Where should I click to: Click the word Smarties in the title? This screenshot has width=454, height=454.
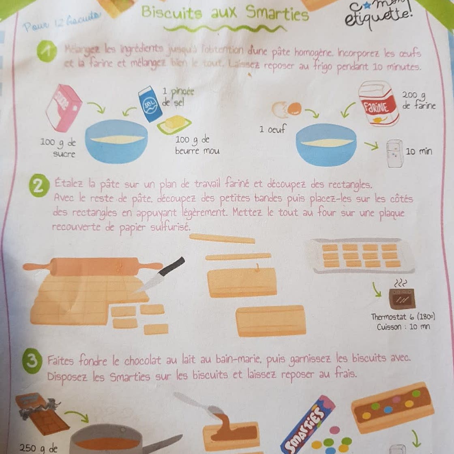tap(278, 14)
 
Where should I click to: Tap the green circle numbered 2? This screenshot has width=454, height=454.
tap(39, 186)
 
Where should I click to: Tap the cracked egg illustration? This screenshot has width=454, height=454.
tap(287, 109)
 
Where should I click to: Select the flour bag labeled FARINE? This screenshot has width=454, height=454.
tap(378, 104)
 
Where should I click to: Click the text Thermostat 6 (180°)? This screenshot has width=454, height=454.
tap(403, 317)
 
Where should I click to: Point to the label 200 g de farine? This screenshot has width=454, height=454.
tap(418, 100)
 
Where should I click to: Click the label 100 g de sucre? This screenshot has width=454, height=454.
tap(58, 148)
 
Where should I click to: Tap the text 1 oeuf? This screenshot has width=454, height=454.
tap(272, 130)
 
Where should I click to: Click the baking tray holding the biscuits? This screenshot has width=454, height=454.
tap(362, 255)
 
